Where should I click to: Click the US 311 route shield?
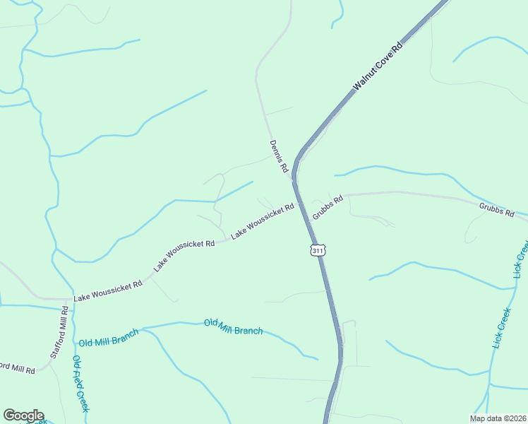tap(318, 250)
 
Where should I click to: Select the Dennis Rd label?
tap(279, 156)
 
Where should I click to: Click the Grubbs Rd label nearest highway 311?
tap(328, 207)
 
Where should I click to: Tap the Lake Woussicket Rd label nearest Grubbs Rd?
tap(263, 220)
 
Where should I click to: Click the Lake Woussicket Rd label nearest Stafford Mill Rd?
tap(108, 288)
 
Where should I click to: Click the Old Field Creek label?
tap(80, 384)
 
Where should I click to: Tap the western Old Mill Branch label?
tap(109, 341)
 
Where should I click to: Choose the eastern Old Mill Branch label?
tap(233, 326)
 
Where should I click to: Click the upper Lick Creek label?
tap(521, 259)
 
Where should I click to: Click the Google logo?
tap(23, 416)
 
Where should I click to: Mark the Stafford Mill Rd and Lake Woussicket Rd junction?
tap(71, 299)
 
